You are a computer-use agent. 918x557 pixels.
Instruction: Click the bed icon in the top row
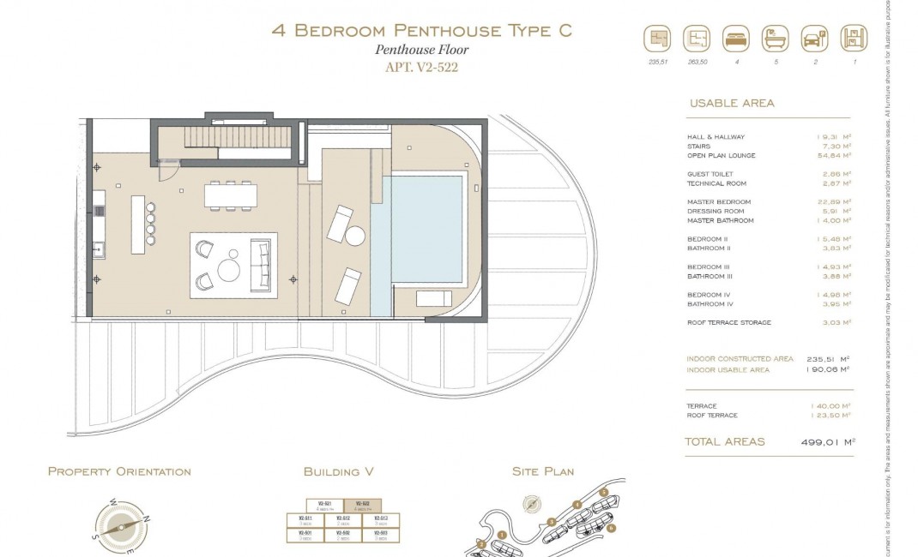[x=736, y=39]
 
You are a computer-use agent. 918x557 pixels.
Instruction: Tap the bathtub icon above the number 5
[x=775, y=39]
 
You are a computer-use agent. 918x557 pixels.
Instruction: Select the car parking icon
[x=813, y=39]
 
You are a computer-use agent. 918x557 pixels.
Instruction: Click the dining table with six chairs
[x=230, y=195]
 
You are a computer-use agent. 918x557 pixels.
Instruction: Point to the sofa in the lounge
[x=260, y=265]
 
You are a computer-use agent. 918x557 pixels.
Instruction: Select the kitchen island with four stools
[x=138, y=225]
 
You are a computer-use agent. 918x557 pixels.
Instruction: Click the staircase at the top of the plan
[x=227, y=137]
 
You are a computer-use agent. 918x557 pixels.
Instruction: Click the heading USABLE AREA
[x=732, y=103]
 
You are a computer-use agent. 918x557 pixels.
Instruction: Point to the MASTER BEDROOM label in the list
[x=719, y=202]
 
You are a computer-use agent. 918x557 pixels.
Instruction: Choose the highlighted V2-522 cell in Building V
[x=362, y=506]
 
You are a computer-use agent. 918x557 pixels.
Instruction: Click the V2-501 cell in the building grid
[x=305, y=535]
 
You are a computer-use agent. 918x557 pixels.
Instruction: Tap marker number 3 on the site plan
[x=552, y=521]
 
